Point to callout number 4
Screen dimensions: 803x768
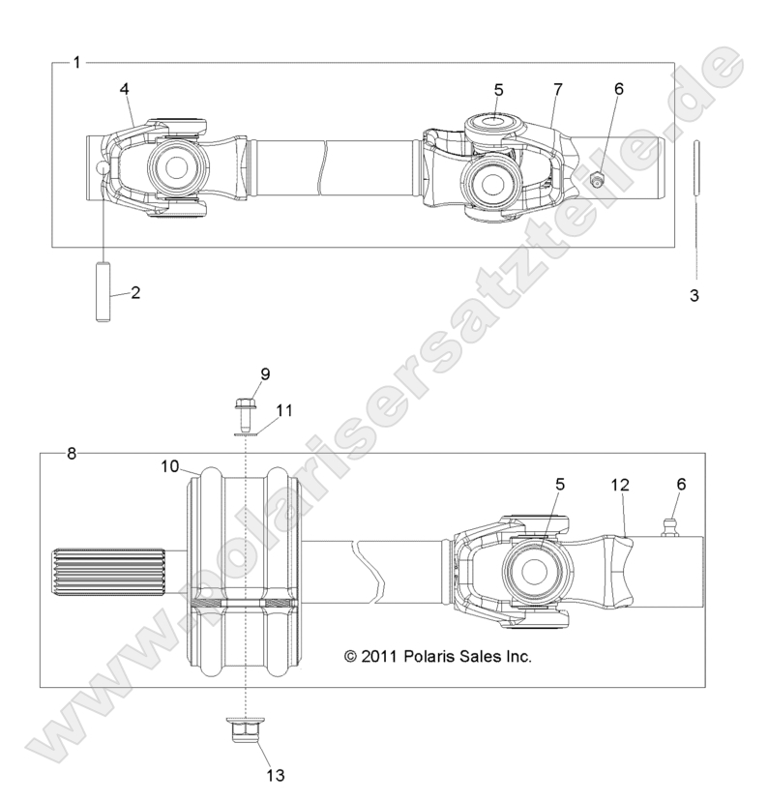[x=125, y=89]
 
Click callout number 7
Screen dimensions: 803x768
[x=558, y=89]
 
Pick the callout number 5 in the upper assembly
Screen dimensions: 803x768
[x=498, y=89]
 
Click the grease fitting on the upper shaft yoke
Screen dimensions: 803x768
[x=597, y=180]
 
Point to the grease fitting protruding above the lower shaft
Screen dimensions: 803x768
[x=664, y=526]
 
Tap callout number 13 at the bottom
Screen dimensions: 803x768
[x=276, y=774]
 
